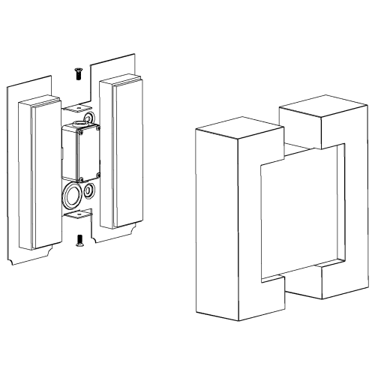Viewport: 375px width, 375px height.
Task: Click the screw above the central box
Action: coord(77,72)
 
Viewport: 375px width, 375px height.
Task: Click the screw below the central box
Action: coord(79,240)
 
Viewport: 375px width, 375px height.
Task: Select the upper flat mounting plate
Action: coord(76,110)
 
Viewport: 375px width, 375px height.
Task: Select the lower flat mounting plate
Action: coord(76,215)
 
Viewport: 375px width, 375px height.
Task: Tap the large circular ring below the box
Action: coord(73,196)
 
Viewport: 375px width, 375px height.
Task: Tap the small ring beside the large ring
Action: coord(90,190)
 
